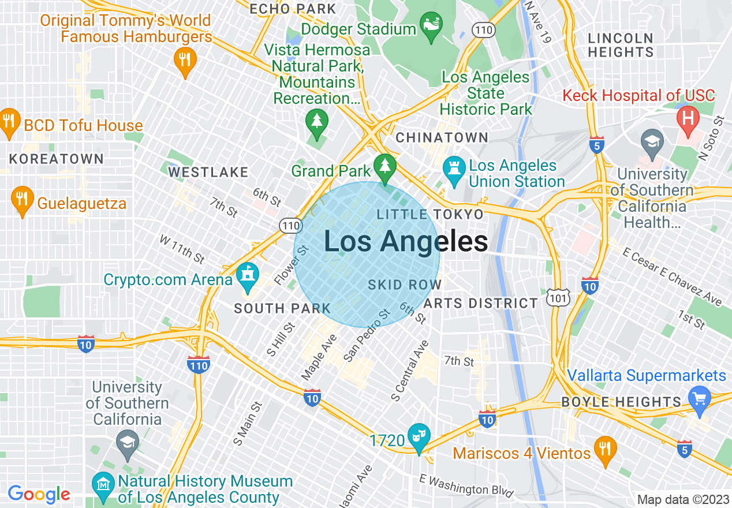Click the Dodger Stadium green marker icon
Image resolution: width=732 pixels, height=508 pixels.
pyautogui.click(x=431, y=27)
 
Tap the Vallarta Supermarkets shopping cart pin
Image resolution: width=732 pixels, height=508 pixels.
pyautogui.click(x=700, y=399)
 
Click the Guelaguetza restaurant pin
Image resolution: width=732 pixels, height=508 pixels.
pyautogui.click(x=22, y=199)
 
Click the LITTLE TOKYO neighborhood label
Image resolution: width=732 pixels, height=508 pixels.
pyautogui.click(x=430, y=215)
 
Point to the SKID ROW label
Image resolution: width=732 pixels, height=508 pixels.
pyautogui.click(x=405, y=285)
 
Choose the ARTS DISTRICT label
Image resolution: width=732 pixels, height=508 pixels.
pyautogui.click(x=480, y=303)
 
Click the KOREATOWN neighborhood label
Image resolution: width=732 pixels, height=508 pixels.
pyautogui.click(x=56, y=159)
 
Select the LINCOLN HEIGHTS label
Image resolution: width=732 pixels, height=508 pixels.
pyautogui.click(x=621, y=45)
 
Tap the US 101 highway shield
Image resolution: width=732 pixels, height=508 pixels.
pyautogui.click(x=561, y=297)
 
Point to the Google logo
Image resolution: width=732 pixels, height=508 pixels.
pyautogui.click(x=39, y=494)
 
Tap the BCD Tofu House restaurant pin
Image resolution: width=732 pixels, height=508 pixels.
pyautogui.click(x=8, y=121)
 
